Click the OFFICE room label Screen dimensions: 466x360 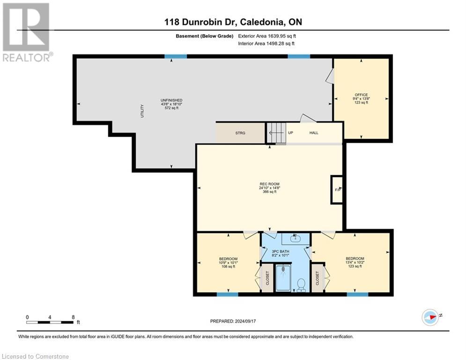361,95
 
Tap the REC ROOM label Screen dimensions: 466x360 270,184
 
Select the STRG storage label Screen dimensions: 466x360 240,133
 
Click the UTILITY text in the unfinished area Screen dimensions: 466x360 142,111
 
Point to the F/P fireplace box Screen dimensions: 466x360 337,190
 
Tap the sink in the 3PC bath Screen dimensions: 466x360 295,239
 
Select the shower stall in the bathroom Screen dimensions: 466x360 283,278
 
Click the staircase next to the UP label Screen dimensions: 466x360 275,133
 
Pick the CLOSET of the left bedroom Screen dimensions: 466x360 267,278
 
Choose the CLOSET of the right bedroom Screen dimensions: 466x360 317,278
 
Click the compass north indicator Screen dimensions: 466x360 430,317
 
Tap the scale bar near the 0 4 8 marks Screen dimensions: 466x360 50,322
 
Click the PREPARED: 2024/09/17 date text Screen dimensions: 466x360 233,321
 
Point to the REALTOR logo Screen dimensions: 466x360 26,32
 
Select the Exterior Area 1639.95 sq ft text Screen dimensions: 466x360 267,36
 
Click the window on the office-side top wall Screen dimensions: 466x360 299,56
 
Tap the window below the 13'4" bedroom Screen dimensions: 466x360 357,294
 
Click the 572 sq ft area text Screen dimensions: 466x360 171,108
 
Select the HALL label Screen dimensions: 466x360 314,133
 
